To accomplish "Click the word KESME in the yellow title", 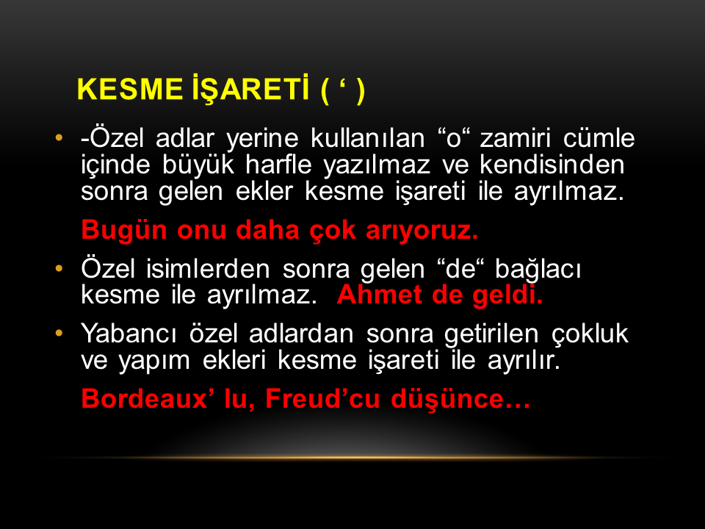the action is point(129,89).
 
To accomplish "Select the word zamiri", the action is point(516,138).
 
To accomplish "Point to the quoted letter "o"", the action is point(454,139).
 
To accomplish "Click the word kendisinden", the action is point(552,165).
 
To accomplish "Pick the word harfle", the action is point(278,165).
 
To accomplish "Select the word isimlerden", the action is point(208,269).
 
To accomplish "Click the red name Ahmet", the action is point(379,295).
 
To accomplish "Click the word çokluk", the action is point(590,335).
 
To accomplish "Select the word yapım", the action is point(154,361).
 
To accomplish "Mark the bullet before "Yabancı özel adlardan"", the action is point(59,334).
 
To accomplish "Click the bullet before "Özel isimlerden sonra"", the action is point(59,269).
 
